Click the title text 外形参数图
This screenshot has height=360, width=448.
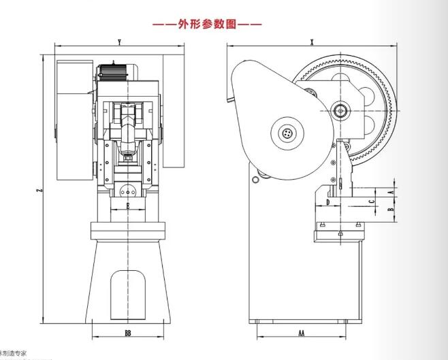[x=207, y=24]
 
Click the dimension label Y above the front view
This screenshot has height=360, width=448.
[x=120, y=43]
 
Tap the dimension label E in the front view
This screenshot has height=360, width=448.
[x=127, y=204]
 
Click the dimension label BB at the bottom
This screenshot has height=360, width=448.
[x=129, y=333]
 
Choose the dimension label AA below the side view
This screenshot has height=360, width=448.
[x=301, y=333]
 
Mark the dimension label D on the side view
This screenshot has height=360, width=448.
[x=327, y=202]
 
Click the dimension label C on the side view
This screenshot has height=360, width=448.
[x=371, y=202]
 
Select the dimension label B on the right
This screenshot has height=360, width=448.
[x=390, y=210]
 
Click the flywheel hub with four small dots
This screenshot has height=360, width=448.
[x=288, y=133]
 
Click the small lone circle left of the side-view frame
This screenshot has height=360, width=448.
[x=254, y=180]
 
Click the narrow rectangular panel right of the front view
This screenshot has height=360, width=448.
[x=174, y=116]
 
